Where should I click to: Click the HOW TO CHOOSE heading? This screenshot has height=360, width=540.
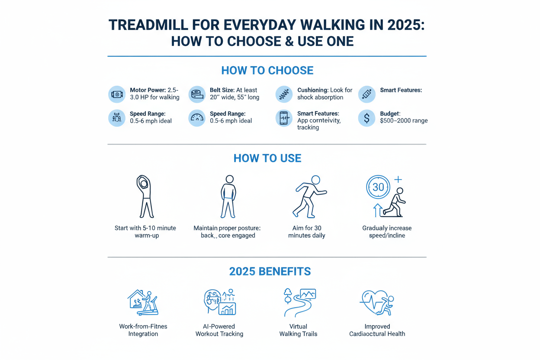click(267, 71)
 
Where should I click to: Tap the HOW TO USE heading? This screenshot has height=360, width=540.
click(267, 158)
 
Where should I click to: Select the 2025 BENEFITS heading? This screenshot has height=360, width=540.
click(270, 271)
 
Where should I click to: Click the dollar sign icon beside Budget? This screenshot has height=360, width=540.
click(366, 118)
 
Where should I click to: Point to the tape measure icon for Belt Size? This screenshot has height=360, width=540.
click(197, 94)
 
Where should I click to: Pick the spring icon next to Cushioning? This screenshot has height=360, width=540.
click(284, 94)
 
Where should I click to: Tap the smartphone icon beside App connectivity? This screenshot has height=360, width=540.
click(284, 118)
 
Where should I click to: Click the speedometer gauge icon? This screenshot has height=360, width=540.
click(197, 118)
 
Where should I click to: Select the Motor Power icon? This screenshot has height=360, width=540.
click(117, 94)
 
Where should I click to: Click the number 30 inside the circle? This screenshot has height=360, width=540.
click(378, 187)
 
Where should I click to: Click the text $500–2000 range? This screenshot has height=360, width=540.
click(404, 121)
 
